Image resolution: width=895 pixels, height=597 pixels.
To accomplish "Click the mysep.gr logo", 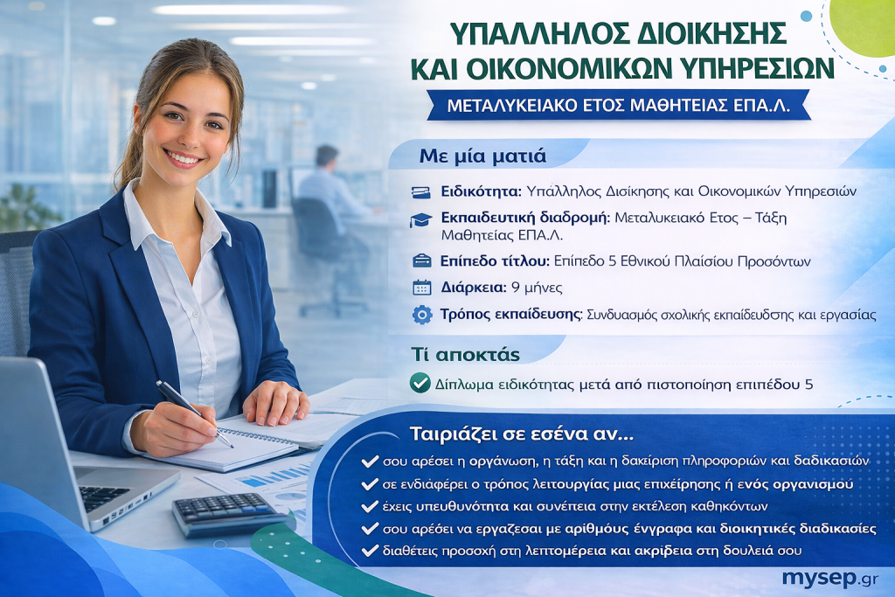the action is [830, 579].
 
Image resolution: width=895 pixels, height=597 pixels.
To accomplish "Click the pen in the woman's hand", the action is [194, 413].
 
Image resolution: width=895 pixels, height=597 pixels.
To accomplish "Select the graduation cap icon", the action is [420, 220].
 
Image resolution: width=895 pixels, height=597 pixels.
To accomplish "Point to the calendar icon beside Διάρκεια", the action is [422, 287].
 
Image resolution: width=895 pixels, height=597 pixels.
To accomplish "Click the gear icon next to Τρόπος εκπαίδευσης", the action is [422, 315].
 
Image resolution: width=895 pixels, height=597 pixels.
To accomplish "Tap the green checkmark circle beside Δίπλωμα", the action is [420, 383].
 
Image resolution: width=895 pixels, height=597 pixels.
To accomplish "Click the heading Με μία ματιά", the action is [482, 156].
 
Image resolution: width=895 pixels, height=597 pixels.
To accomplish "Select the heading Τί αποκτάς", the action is [465, 354].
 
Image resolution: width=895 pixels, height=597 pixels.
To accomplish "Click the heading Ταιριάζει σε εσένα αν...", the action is [521, 434].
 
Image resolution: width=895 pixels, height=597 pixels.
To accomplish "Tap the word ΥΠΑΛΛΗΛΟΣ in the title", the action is [538, 34].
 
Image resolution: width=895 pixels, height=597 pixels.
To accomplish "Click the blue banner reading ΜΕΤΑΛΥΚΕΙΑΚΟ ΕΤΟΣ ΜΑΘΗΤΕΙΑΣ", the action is [619, 106].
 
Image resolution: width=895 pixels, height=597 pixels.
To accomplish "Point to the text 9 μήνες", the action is [537, 288].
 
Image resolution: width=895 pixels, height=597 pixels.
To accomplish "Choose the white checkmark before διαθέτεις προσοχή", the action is [370, 550].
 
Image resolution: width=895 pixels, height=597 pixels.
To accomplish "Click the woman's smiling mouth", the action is [183, 158].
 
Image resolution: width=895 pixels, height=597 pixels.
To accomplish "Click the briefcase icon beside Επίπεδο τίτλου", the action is [422, 260].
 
